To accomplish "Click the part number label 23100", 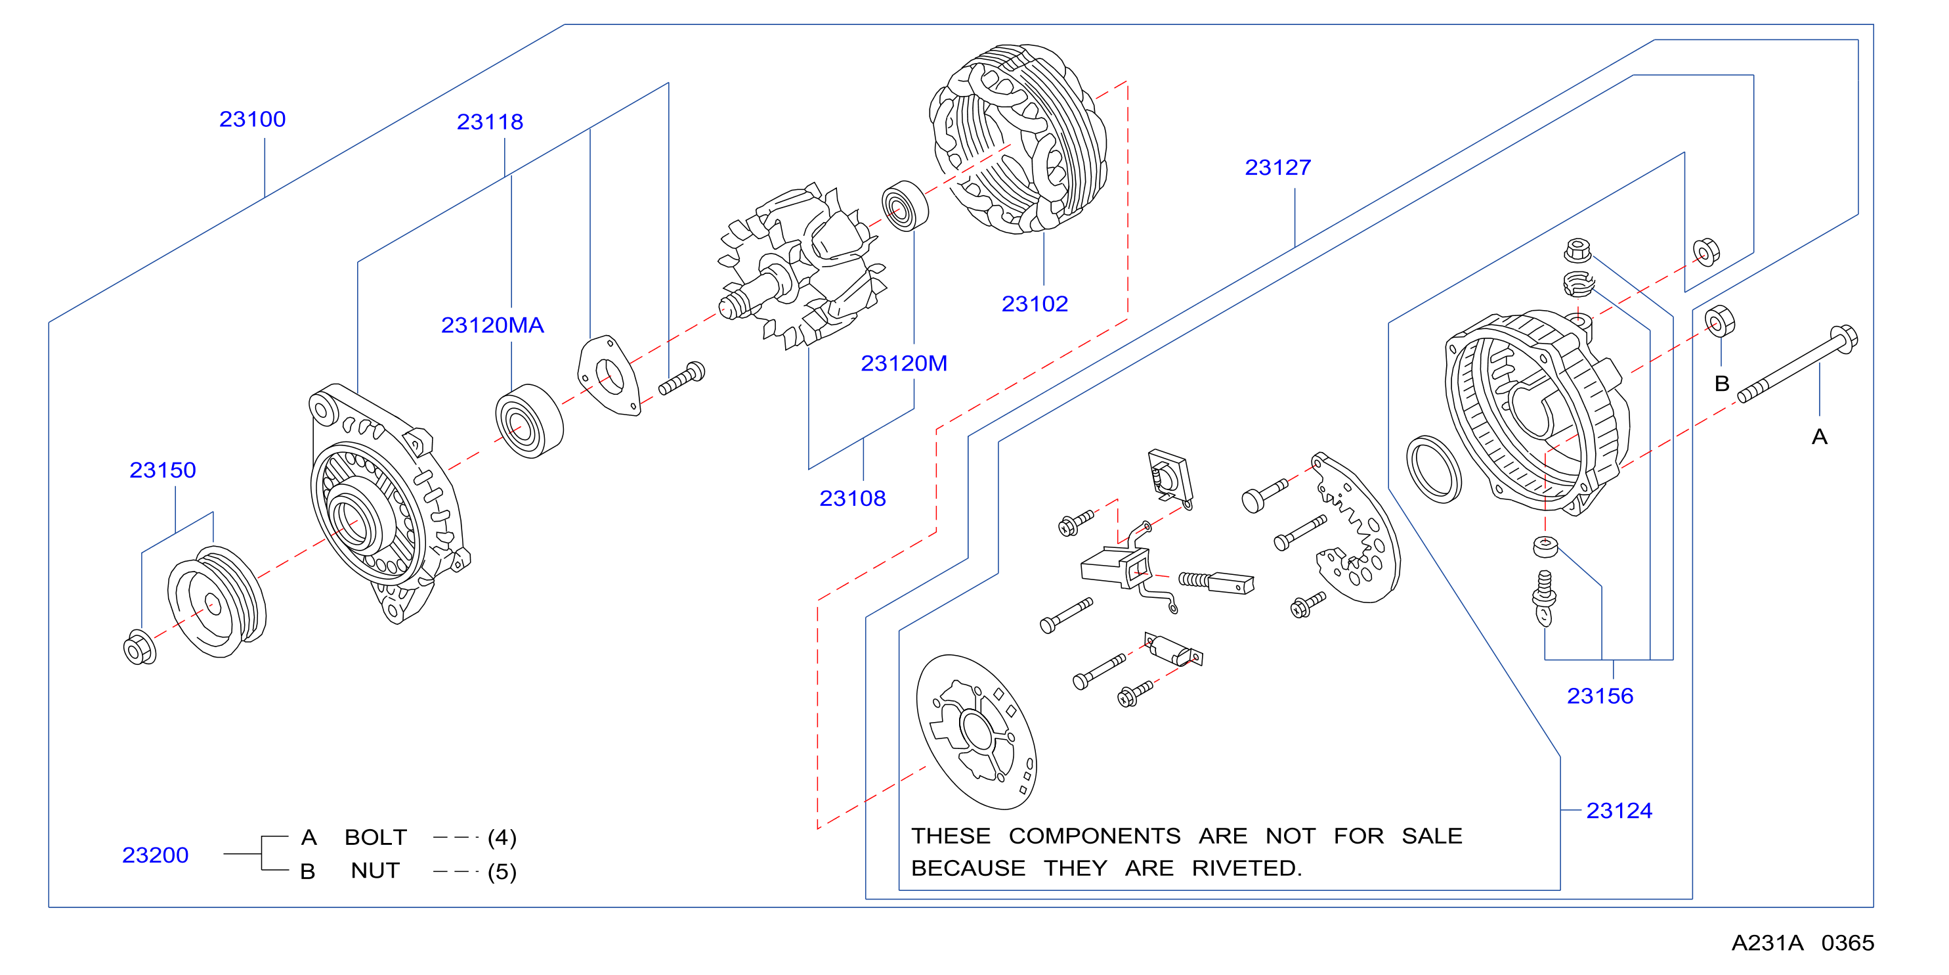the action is pyautogui.click(x=252, y=120).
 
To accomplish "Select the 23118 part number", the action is pyautogui.click(x=490, y=122).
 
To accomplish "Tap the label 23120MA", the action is pyautogui.click(x=492, y=325).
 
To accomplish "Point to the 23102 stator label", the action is pyautogui.click(x=1035, y=304).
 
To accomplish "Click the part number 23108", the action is pyautogui.click(x=852, y=499).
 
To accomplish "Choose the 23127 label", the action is pyautogui.click(x=1278, y=168).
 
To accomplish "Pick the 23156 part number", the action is pyautogui.click(x=1600, y=696).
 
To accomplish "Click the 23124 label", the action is pyautogui.click(x=1619, y=811).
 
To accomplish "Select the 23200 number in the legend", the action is pyautogui.click(x=155, y=855).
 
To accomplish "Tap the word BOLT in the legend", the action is pyautogui.click(x=376, y=838).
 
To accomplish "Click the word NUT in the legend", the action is pyautogui.click(x=375, y=871).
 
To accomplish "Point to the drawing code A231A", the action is pyautogui.click(x=1767, y=943).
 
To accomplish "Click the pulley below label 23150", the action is pyautogui.click(x=217, y=602).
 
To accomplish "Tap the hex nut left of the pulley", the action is pyautogui.click(x=139, y=648).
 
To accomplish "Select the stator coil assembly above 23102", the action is pyautogui.click(x=1018, y=139).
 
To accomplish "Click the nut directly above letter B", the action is pyautogui.click(x=1720, y=321).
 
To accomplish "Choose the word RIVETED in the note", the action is pyautogui.click(x=1247, y=869).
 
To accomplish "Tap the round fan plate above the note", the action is pyautogui.click(x=976, y=732).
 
